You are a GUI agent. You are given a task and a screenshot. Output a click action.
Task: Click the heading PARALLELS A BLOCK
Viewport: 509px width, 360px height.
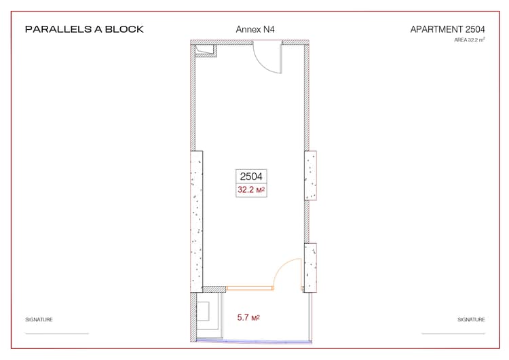pyautogui.click(x=84, y=29)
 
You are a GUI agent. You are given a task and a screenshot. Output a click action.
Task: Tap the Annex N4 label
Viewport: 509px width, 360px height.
pyautogui.click(x=254, y=29)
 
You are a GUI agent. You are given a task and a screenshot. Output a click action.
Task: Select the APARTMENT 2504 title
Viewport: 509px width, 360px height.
pyautogui.click(x=447, y=29)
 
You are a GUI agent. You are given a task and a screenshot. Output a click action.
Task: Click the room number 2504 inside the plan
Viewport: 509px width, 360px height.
pyautogui.click(x=251, y=176)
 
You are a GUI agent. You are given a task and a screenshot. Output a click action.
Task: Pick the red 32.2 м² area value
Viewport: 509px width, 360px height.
pyautogui.click(x=251, y=190)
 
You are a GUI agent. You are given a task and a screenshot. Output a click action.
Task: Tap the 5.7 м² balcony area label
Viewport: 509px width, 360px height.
pyautogui.click(x=249, y=317)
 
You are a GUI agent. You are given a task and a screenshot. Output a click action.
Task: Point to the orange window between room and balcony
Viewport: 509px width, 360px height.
pyautogui.click(x=249, y=288)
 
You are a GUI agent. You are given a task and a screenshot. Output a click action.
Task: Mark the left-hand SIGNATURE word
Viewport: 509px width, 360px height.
pyautogui.click(x=39, y=319)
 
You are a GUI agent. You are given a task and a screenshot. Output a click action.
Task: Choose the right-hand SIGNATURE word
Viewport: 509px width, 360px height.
pyautogui.click(x=471, y=319)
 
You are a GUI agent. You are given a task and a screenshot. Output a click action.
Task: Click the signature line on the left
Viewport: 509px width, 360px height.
pyautogui.click(x=57, y=334)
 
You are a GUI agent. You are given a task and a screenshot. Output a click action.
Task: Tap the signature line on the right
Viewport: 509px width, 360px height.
pyautogui.click(x=453, y=334)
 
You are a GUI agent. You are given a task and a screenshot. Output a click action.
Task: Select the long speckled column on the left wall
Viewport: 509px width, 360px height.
pyautogui.click(x=197, y=217)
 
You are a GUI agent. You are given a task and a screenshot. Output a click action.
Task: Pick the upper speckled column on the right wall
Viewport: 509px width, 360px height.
pyautogui.click(x=310, y=175)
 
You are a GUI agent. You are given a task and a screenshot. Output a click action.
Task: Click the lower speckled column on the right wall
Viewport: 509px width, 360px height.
pyautogui.click(x=311, y=266)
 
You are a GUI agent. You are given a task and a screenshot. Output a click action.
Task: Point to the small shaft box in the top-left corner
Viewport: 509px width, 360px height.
pyautogui.click(x=204, y=51)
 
